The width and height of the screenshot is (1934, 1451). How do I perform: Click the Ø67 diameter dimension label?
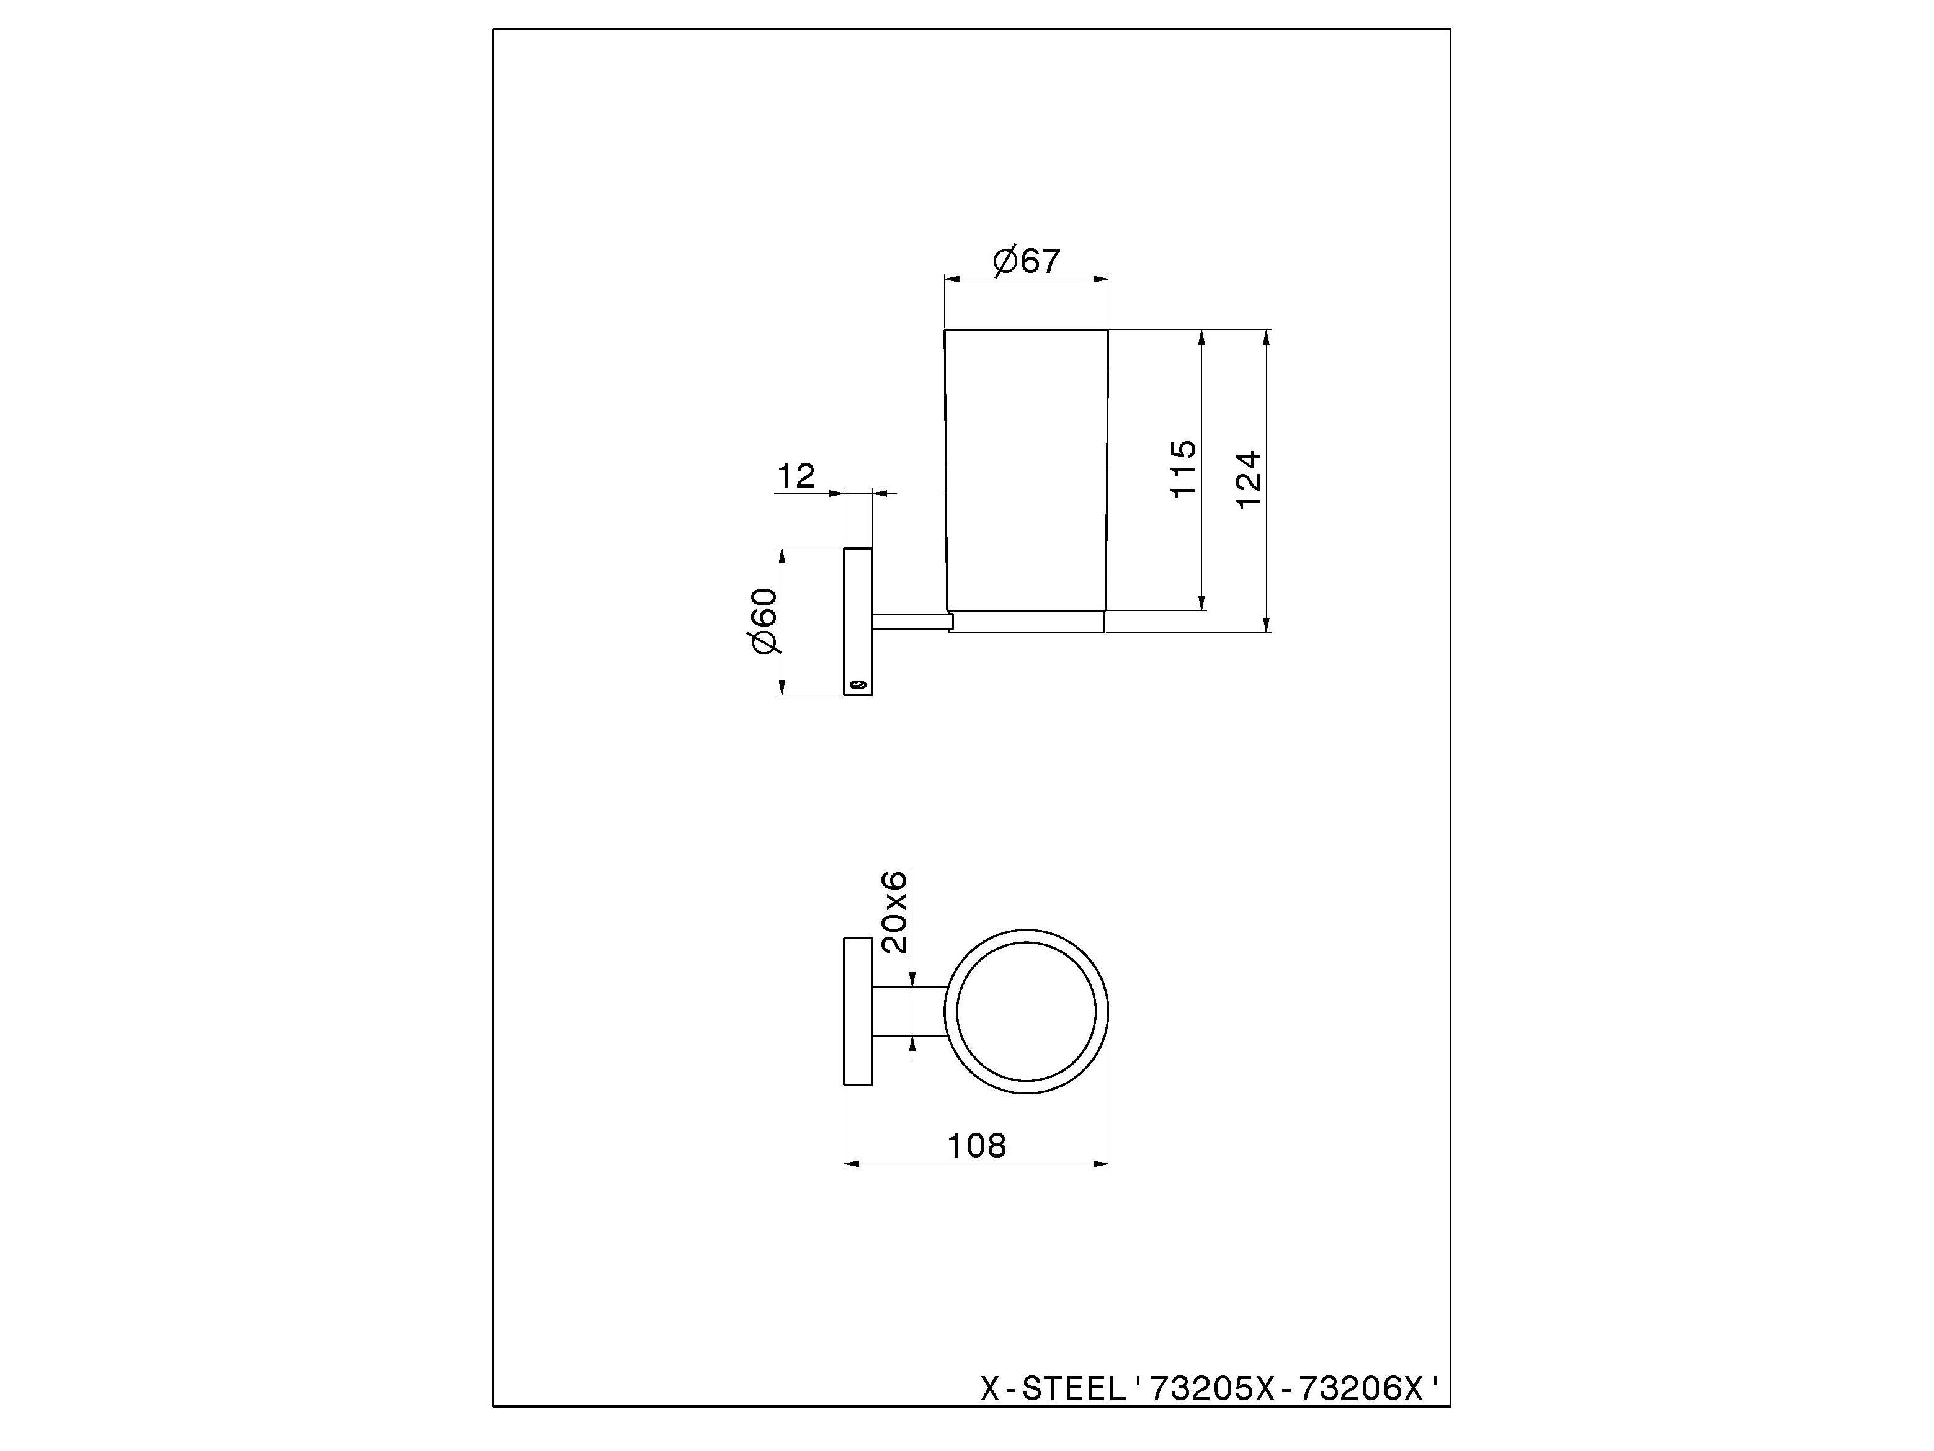point(1027,261)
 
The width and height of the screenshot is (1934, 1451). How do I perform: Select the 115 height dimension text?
point(1183,470)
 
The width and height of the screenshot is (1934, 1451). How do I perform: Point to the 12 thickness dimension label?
point(796,476)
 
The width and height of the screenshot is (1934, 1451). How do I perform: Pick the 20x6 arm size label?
point(895,913)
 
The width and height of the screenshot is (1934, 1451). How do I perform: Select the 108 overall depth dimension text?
point(977,1146)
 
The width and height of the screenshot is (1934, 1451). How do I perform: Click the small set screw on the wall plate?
point(858,684)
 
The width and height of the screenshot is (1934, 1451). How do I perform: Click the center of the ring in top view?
point(1027,1012)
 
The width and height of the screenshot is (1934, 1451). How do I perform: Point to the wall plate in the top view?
point(858,1012)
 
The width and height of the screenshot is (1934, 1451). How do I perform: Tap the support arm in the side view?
point(909,621)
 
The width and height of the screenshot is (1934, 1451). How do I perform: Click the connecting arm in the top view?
point(909,1012)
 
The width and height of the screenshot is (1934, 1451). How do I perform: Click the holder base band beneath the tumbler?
point(1027,621)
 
